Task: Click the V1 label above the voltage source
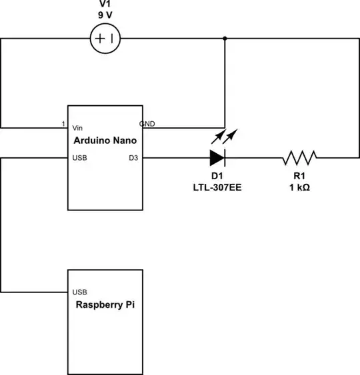pos(105,6)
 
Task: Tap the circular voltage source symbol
pos(105,39)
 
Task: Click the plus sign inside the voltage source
pos(100,39)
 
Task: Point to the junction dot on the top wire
pos(224,39)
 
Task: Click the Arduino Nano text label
pos(105,141)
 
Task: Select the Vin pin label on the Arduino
pos(79,127)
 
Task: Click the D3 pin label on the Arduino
pos(133,159)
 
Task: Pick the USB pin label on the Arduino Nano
pos(79,159)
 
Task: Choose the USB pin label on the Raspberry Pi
pos(79,292)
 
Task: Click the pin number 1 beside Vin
pos(63,124)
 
